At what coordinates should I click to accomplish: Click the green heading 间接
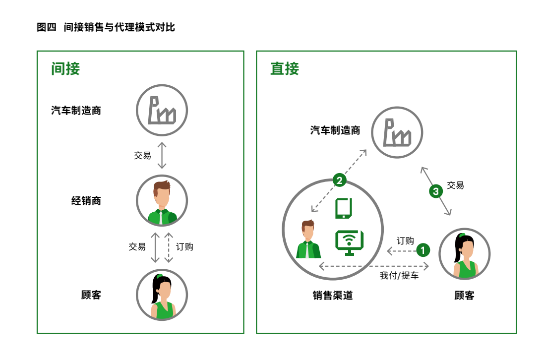65,68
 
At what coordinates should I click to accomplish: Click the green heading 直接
285,68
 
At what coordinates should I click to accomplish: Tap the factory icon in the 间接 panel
162,110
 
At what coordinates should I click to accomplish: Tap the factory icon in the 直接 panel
398,132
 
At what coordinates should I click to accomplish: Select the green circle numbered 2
339,180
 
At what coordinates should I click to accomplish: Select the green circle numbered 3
435,191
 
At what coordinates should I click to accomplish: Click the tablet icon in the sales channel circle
344,208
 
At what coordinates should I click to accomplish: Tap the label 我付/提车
399,276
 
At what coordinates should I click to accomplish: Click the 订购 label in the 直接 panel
405,241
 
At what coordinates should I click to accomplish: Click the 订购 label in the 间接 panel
184,246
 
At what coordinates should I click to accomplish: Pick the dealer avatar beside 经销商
162,201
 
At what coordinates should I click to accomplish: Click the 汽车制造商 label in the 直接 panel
335,131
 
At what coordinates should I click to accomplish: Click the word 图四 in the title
47,27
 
